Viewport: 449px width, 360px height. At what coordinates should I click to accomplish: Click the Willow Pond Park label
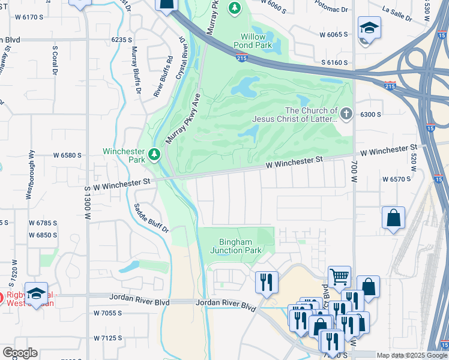coord(257,40)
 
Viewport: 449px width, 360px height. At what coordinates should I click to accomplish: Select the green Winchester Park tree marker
coord(155,155)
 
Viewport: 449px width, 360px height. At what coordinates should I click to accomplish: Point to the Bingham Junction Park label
coord(235,245)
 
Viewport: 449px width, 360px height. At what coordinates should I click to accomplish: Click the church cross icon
coord(346,113)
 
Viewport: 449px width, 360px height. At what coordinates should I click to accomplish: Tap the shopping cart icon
coord(339,277)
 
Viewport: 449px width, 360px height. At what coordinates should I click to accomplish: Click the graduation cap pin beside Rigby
coord(37,293)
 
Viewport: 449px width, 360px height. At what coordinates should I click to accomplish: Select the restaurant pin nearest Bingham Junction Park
coord(267,281)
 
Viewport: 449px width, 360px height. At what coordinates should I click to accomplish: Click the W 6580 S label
coord(67,155)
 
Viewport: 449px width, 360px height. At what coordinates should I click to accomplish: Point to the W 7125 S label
coord(108,338)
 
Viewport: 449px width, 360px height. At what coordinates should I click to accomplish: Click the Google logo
coord(20,353)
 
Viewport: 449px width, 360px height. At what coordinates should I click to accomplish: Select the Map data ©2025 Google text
coord(411,355)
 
